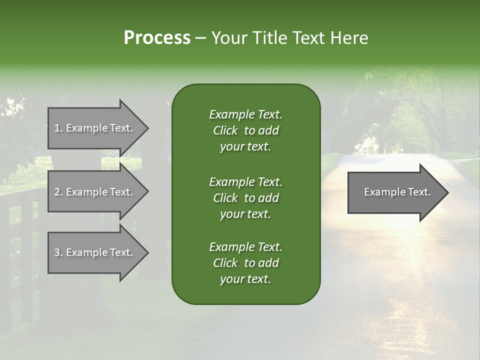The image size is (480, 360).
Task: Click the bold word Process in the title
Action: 157,38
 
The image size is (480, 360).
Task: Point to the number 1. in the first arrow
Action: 58,128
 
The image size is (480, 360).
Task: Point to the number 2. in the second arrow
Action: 58,192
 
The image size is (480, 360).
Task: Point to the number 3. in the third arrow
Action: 58,252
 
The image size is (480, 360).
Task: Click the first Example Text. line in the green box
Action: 245,114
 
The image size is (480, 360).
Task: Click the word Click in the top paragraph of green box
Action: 225,130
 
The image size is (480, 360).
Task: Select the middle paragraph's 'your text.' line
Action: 245,214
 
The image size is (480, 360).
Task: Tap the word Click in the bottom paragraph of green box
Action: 225,263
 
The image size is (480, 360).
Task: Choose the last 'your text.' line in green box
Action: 245,279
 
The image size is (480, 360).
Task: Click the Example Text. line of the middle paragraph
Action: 245,181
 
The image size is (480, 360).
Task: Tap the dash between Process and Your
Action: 200,38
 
